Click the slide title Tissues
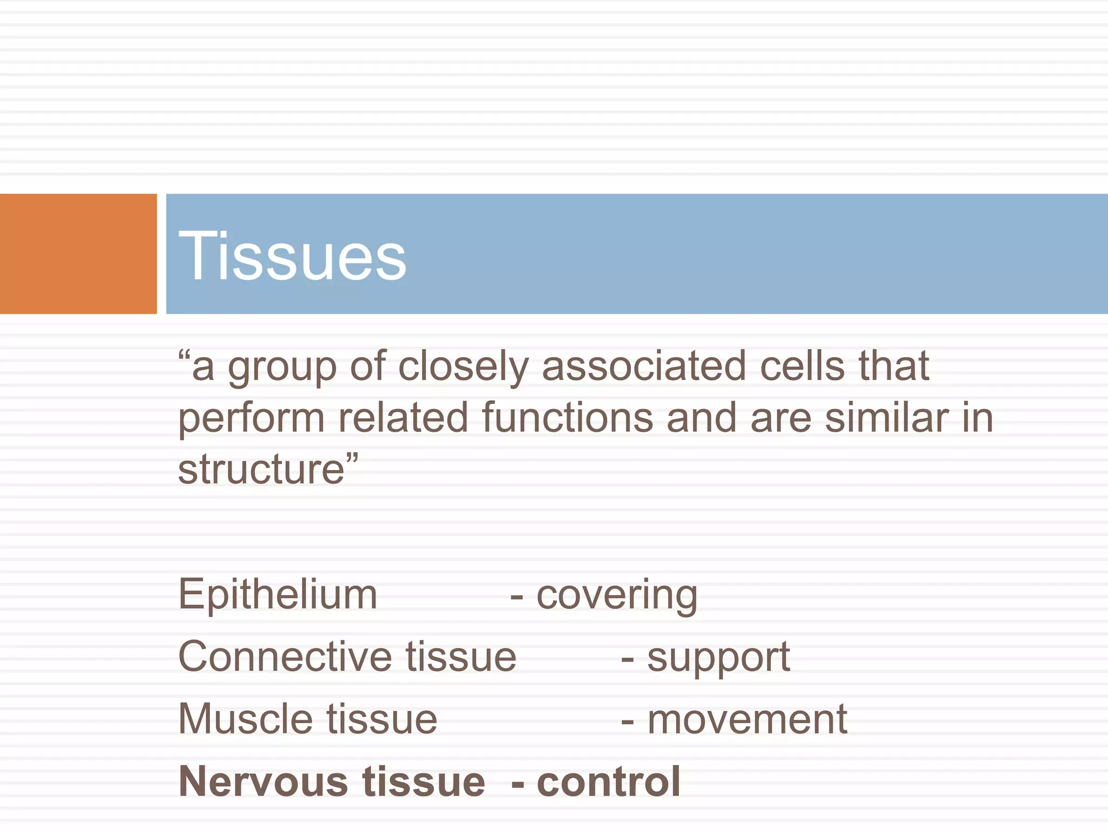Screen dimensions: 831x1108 pyautogui.click(x=292, y=255)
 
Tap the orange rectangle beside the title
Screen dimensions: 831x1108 pyautogui.click(x=78, y=254)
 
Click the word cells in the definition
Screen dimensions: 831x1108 pyautogui.click(x=802, y=366)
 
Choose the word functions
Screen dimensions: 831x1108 pyautogui.click(x=568, y=418)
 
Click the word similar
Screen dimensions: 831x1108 pyautogui.click(x=887, y=418)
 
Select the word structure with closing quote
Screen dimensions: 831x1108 pyautogui.click(x=268, y=469)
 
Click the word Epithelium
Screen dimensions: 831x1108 pyautogui.click(x=278, y=595)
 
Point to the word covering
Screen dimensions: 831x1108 pyautogui.click(x=617, y=596)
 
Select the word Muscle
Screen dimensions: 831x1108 pyautogui.click(x=245, y=719)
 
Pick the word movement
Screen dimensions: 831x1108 pyautogui.click(x=747, y=720)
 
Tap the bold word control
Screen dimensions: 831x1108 pyautogui.click(x=609, y=782)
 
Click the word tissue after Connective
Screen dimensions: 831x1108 pyautogui.click(x=461, y=657)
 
